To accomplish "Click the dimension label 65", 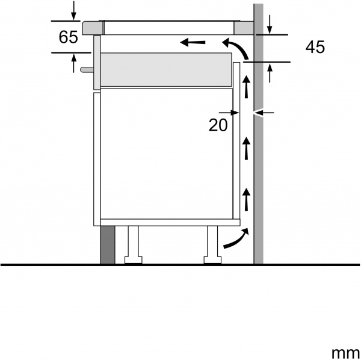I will (68, 37).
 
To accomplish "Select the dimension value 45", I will (315, 48).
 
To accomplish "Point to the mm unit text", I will (343, 350).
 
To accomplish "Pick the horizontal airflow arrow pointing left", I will (193, 42).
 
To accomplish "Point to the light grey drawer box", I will (165, 70).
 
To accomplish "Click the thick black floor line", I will (180, 264).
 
